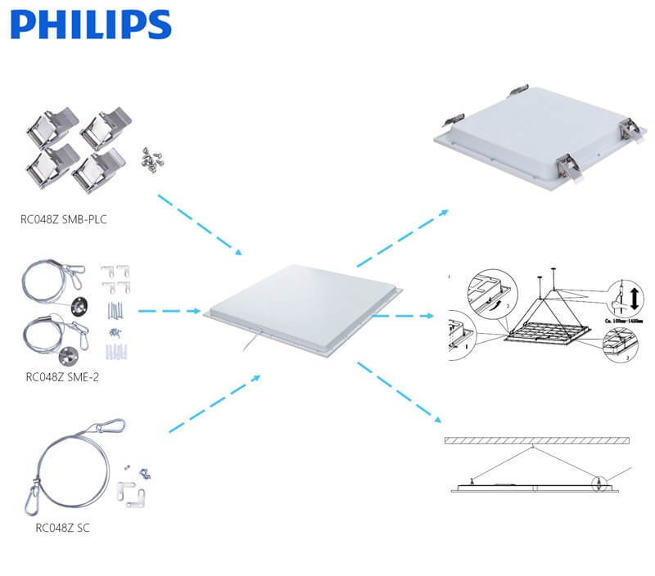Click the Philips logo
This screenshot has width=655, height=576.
click(91, 25)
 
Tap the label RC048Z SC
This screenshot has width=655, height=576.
click(62, 528)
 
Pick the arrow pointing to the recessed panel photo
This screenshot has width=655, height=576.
click(401, 238)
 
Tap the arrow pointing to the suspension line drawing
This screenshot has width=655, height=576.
click(404, 313)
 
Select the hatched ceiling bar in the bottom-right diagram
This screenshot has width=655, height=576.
click(536, 440)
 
